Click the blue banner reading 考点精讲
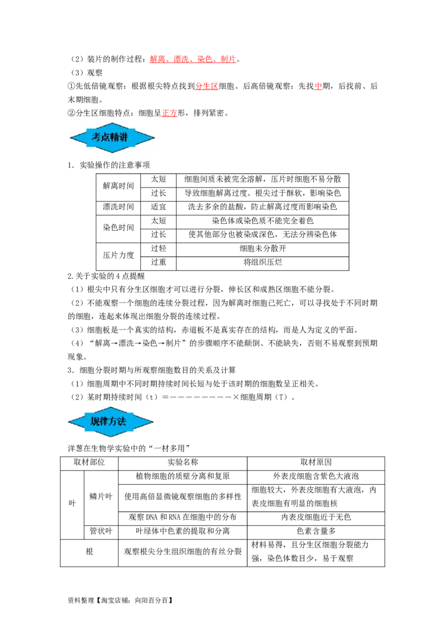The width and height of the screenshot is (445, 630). coord(112,137)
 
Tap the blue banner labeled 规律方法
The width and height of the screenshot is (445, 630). coord(111,421)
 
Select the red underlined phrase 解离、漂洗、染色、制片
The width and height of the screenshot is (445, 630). coord(193,59)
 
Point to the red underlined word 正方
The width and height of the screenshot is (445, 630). coord(170,113)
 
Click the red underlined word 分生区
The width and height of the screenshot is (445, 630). coord(207,86)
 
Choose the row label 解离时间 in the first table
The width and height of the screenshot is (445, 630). coord(118,186)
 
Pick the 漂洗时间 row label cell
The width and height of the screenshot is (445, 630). coord(118,207)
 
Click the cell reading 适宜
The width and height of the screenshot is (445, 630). coord(158,207)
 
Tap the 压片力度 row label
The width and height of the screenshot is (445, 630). coord(118,255)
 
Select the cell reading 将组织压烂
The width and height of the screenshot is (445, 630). coord(263,262)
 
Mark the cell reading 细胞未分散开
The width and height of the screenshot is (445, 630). coord(263,248)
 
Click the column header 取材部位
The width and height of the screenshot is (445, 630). coord(89,462)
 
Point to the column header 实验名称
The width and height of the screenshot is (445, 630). coord(183,462)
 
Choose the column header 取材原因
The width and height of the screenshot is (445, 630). coord(316,462)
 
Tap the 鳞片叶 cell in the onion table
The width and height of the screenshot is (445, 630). coord(101,496)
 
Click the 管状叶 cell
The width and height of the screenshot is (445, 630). coord(101,531)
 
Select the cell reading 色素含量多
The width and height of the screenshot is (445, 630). coord(316,531)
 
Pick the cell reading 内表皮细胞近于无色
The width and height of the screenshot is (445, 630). coord(316,518)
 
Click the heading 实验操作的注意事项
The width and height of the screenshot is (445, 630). coord(115,165)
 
